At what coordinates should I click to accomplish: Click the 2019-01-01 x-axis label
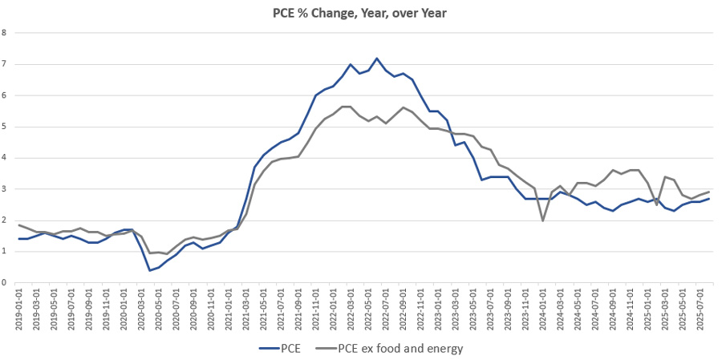tap(19, 308)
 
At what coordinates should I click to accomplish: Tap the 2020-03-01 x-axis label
tap(141, 308)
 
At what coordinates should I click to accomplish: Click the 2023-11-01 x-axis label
tap(525, 308)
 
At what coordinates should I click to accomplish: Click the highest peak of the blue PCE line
tap(377, 58)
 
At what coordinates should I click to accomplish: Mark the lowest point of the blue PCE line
tap(150, 270)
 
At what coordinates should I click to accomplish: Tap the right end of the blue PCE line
tap(708, 198)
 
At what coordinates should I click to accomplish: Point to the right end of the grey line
tap(708, 192)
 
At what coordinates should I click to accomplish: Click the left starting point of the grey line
tap(19, 225)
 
